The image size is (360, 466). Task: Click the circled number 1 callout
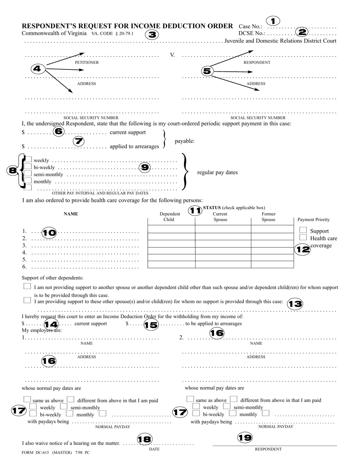point(273,20)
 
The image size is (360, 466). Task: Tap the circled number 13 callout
point(295,304)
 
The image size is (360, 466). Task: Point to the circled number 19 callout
point(245,438)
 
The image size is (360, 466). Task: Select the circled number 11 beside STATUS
point(195,210)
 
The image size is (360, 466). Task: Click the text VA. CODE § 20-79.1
point(113,34)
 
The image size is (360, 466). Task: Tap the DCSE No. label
point(252,33)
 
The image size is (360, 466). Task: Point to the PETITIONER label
point(86,63)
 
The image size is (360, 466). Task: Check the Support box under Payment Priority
point(303,230)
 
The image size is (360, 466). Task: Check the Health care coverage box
point(303,237)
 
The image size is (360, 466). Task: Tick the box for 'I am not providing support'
point(27,286)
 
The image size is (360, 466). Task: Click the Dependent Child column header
point(169,217)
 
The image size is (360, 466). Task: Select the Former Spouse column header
point(268,217)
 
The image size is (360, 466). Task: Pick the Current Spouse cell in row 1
point(223,229)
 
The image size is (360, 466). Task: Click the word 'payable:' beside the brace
point(185,141)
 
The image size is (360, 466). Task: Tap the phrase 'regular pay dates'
point(217,172)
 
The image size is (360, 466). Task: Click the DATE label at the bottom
point(154,449)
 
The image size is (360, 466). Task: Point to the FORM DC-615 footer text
point(56,452)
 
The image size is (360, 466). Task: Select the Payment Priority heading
point(313,219)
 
